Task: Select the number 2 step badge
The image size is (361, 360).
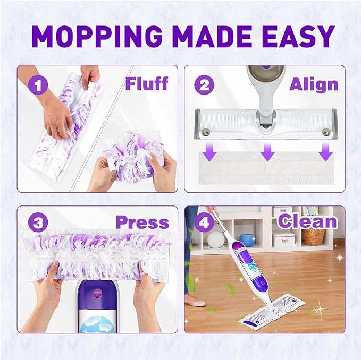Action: [x=205, y=84]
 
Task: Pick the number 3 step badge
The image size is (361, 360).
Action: [x=38, y=223]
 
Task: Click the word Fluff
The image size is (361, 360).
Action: [x=146, y=84]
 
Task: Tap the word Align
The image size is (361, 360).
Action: [x=314, y=84]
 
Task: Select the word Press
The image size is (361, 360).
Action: [x=142, y=222]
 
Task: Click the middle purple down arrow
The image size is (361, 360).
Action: [x=267, y=153]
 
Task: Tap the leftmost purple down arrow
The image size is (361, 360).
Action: [x=211, y=153]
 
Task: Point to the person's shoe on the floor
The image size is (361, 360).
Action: [x=195, y=303]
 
